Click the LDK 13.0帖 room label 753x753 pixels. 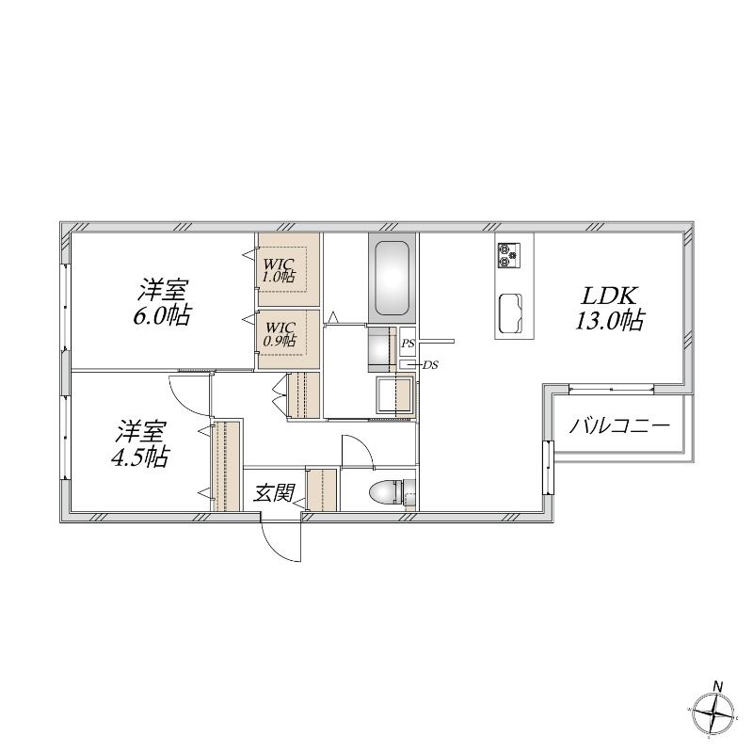click(610, 309)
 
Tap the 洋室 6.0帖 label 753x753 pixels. click(162, 302)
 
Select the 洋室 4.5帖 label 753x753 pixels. click(139, 444)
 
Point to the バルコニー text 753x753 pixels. click(619, 426)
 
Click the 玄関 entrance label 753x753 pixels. click(274, 492)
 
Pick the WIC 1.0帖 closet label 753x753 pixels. click(279, 271)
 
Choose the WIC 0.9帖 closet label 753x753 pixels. click(280, 335)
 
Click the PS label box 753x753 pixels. click(408, 344)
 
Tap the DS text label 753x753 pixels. click(430, 365)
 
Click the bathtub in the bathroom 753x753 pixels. click(392, 279)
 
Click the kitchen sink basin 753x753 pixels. click(510, 312)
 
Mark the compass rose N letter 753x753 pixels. click(718, 686)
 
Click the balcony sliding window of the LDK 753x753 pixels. click(611, 389)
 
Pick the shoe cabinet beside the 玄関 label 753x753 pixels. click(323, 489)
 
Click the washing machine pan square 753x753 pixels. click(395, 395)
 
